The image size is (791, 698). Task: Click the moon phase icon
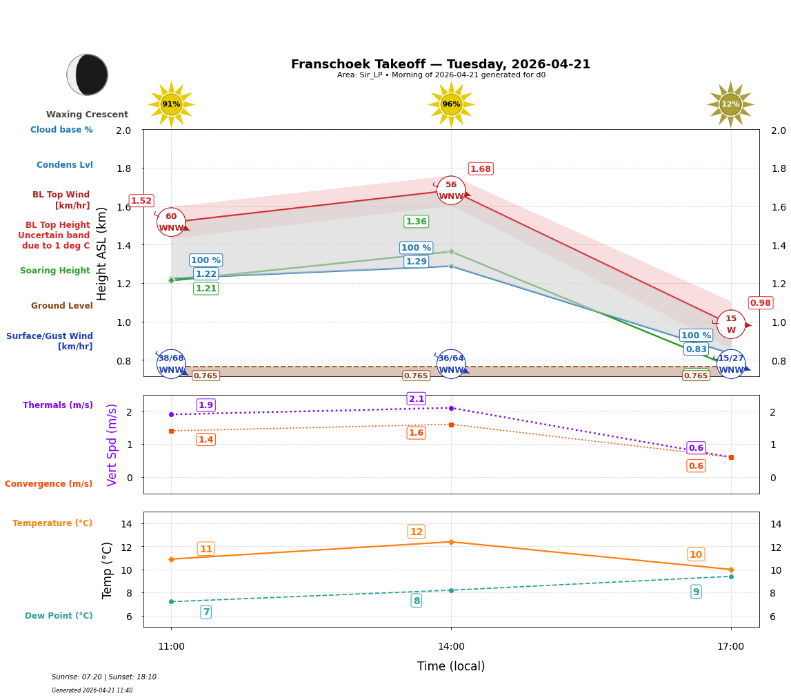(x=88, y=75)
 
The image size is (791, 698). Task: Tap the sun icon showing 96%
(x=451, y=104)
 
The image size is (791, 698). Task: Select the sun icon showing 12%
(x=730, y=104)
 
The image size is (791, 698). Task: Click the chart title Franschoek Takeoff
(x=441, y=64)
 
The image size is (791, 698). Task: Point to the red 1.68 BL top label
(x=481, y=169)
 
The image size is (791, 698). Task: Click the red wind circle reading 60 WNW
(x=171, y=222)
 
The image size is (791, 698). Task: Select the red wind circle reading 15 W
(x=731, y=324)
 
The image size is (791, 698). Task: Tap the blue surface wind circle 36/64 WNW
(x=451, y=364)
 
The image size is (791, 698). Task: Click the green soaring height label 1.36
(x=416, y=222)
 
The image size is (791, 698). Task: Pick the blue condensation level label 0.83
(x=696, y=349)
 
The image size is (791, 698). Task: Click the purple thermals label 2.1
(x=417, y=399)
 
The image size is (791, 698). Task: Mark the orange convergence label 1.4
(x=206, y=440)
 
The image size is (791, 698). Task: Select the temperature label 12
(x=417, y=532)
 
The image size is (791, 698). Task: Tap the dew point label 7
(x=206, y=612)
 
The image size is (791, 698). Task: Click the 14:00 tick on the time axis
(x=451, y=647)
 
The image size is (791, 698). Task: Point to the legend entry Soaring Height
(x=55, y=271)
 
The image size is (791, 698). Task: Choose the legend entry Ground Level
(x=62, y=306)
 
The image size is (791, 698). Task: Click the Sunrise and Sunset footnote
(x=104, y=677)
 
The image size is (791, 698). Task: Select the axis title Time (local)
(x=451, y=666)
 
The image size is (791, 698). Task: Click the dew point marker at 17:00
(x=731, y=576)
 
